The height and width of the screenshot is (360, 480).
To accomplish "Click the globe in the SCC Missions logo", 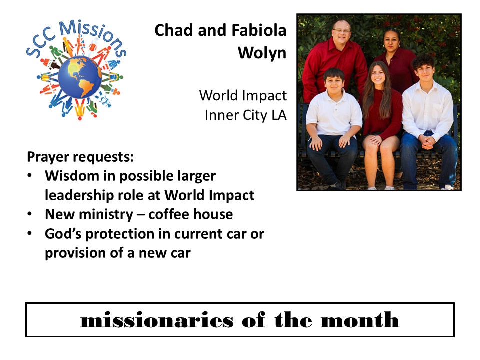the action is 80,77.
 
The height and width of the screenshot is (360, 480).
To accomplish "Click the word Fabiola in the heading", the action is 259,30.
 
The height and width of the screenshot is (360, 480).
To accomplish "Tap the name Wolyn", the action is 262,53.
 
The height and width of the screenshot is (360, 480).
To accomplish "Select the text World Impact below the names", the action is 243,96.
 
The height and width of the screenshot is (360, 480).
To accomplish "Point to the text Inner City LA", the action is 246,115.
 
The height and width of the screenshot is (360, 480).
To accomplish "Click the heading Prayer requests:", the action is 80,157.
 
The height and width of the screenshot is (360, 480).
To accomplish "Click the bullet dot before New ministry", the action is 29,214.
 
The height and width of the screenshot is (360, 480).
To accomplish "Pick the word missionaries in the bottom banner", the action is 156,320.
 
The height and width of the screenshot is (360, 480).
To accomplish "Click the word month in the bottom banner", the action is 360,320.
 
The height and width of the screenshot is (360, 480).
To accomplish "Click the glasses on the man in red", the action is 341,31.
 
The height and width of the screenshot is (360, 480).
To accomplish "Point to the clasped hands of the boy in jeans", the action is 427,141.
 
